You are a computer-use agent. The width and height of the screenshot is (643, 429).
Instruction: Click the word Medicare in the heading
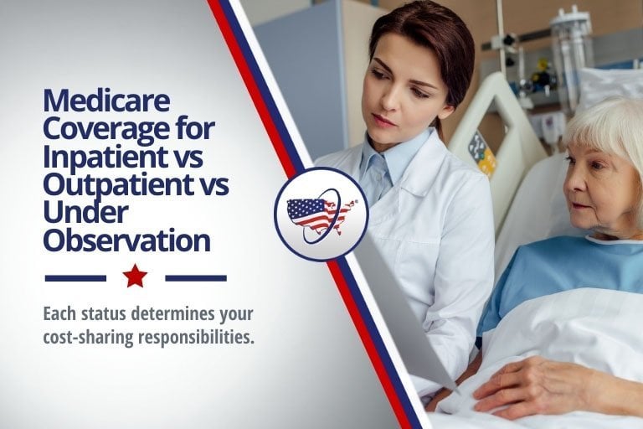click(107, 102)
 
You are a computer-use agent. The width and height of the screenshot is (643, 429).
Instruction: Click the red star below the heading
click(135, 277)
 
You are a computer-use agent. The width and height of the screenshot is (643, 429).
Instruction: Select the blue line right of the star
click(196, 277)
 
